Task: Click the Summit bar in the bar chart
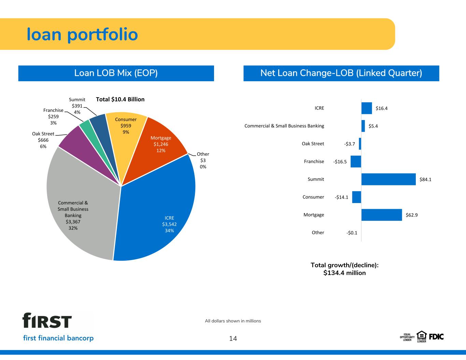tap(389, 179)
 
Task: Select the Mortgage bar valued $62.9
tap(382, 215)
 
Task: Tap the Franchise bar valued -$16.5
tap(356, 161)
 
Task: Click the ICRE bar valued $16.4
tap(367, 108)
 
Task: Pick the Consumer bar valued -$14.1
tap(357, 197)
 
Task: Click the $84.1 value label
tap(425, 179)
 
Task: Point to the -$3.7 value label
tap(350, 144)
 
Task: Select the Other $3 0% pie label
tap(203, 160)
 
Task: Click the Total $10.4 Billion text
tap(120, 99)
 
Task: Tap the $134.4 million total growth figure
tap(344, 273)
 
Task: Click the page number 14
tap(233, 339)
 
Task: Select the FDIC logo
tap(436, 337)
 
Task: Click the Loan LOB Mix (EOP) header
tap(116, 73)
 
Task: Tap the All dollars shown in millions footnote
tap(233, 321)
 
